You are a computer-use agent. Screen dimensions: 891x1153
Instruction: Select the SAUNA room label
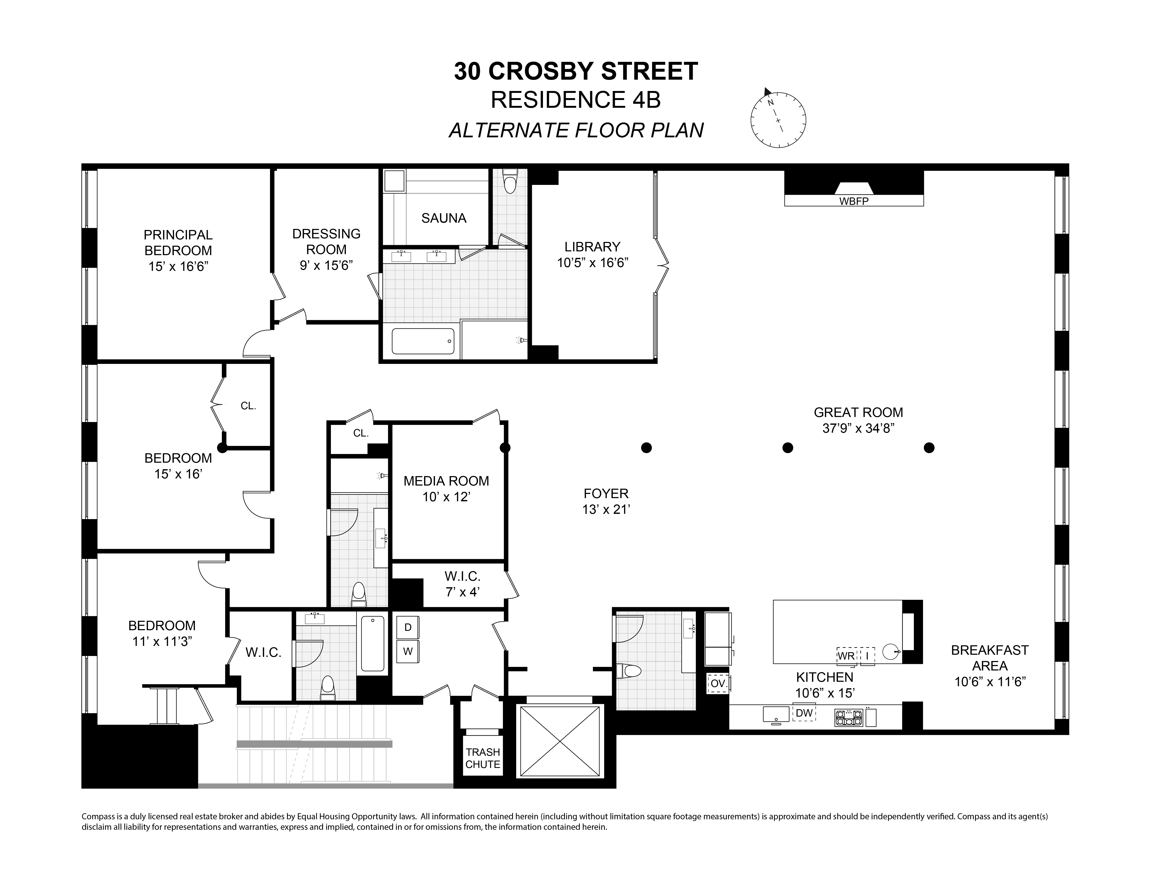click(443, 218)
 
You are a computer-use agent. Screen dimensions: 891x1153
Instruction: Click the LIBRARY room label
click(592, 247)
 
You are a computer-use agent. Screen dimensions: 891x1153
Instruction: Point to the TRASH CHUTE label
click(483, 758)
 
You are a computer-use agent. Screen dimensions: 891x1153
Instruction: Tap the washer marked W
click(408, 651)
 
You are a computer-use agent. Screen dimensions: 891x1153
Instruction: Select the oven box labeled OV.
click(718, 684)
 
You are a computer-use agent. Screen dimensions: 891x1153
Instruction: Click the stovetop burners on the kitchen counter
click(848, 717)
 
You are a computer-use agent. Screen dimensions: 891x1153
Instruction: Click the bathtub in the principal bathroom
click(423, 342)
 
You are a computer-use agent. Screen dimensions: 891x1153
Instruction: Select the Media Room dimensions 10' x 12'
click(446, 497)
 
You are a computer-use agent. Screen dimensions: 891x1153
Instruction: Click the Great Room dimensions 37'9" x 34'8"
click(858, 428)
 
